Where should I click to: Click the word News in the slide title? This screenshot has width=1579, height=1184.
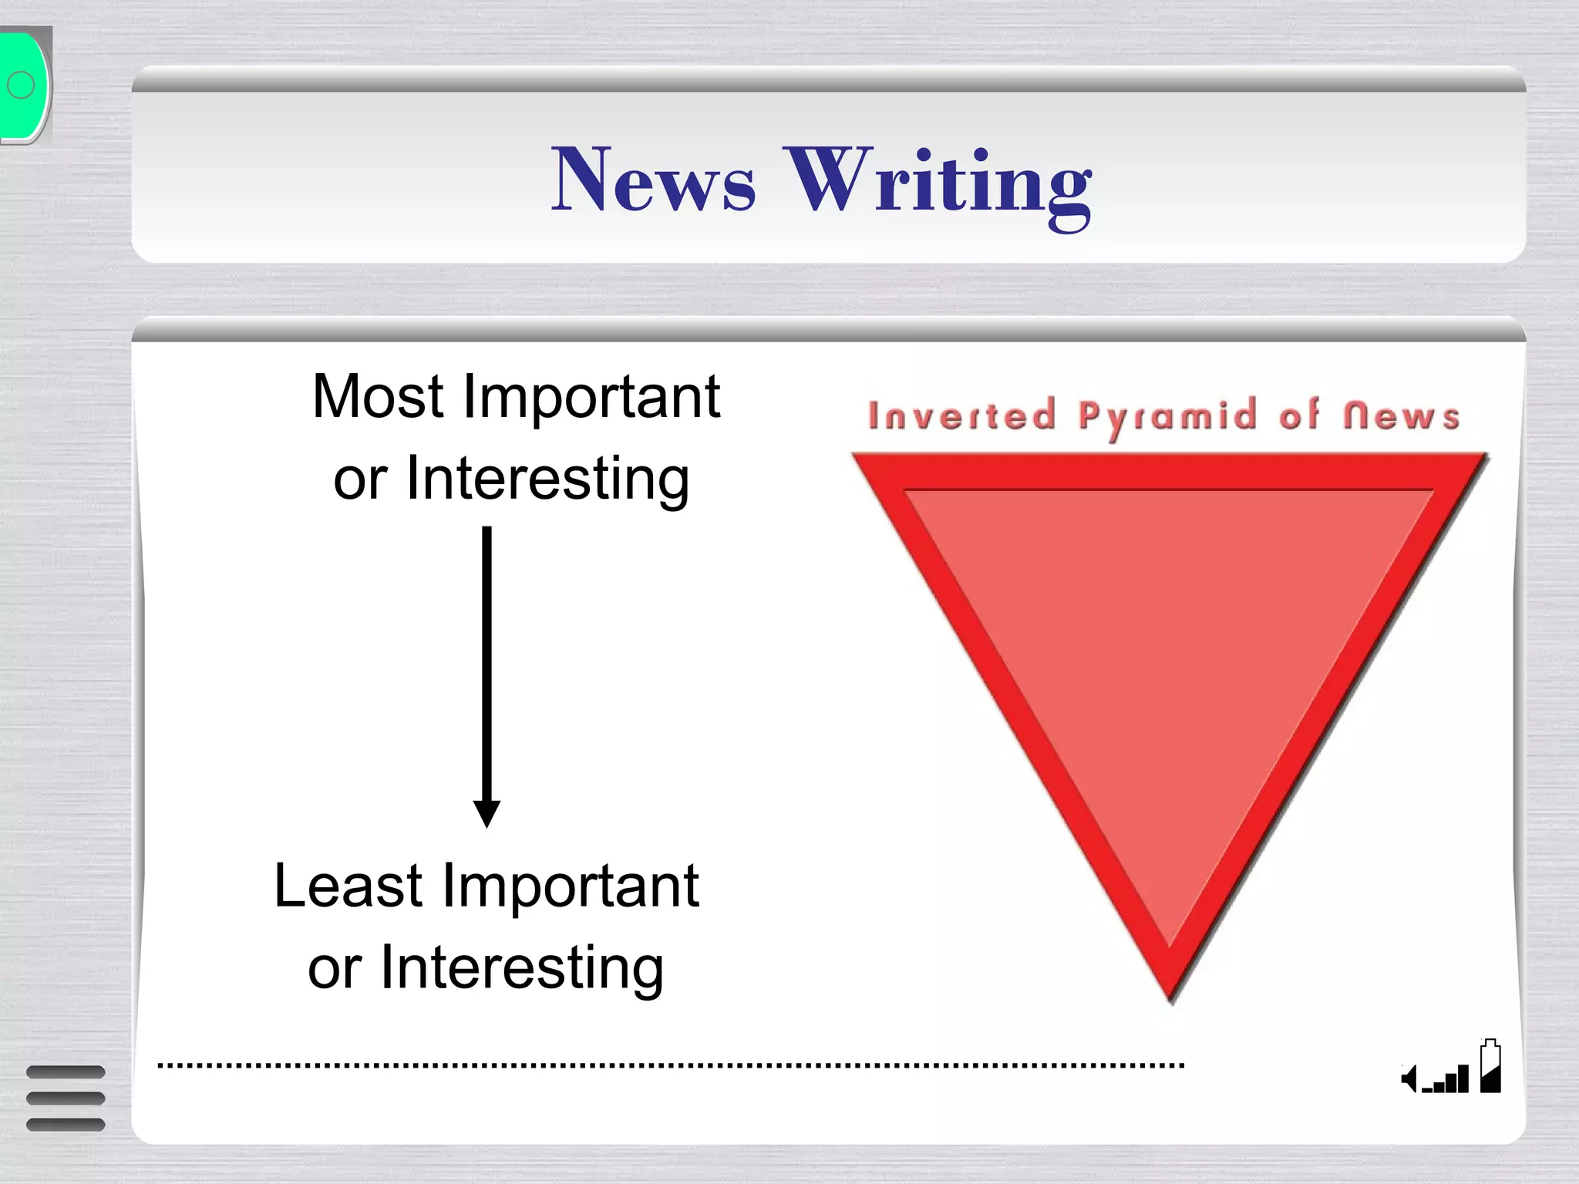[653, 180]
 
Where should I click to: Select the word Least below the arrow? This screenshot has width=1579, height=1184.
[348, 886]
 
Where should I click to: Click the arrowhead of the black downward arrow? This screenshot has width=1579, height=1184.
[486, 813]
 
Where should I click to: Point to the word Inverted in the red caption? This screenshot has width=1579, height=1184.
[961, 416]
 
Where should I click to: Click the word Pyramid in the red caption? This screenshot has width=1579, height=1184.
[1167, 418]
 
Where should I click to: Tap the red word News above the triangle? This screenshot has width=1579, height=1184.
[1402, 416]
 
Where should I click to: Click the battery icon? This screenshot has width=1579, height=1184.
[1490, 1067]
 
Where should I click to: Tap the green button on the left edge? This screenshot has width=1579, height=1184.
[23, 85]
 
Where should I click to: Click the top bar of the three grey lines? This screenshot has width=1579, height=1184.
[66, 1072]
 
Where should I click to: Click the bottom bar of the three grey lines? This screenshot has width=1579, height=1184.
[66, 1125]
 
